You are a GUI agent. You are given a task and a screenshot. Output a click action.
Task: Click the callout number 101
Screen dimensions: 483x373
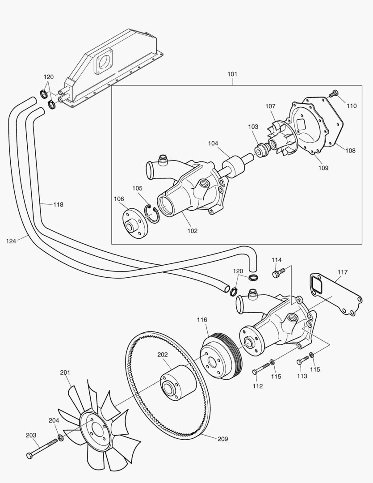pyautogui.click(x=232, y=74)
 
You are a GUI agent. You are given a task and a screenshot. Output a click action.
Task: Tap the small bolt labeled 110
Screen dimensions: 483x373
pyautogui.click(x=333, y=94)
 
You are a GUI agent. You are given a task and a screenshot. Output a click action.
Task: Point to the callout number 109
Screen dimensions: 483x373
pyautogui.click(x=323, y=168)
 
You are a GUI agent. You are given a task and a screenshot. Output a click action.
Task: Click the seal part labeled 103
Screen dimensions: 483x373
pyautogui.click(x=260, y=148)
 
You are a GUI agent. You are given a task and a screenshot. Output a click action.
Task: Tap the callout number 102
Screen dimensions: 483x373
pyautogui.click(x=193, y=231)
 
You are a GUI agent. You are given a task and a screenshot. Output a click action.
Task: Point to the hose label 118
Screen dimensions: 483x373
pyautogui.click(x=58, y=204)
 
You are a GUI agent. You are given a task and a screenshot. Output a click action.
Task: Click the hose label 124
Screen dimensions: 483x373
pyautogui.click(x=11, y=241)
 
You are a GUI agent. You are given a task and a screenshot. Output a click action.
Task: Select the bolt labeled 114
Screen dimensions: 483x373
pyautogui.click(x=277, y=272)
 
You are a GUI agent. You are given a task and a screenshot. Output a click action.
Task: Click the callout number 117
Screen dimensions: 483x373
pyautogui.click(x=343, y=272)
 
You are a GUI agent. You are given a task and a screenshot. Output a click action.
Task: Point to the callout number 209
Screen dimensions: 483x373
pyautogui.click(x=222, y=439)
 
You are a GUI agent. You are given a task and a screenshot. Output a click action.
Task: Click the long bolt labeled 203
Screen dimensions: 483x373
pyautogui.click(x=42, y=448)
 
